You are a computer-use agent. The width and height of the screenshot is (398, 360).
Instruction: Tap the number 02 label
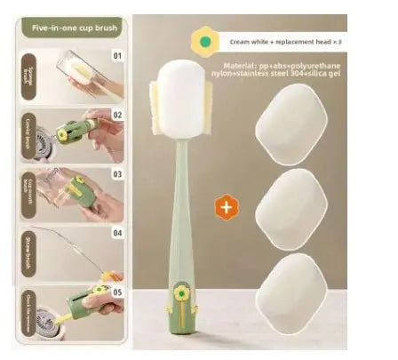coord(116,114)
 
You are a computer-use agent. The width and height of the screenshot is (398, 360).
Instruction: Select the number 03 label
coord(116,175)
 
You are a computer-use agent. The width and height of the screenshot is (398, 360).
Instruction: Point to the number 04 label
coord(116,234)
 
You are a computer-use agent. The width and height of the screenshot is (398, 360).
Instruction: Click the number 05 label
coord(116,290)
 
